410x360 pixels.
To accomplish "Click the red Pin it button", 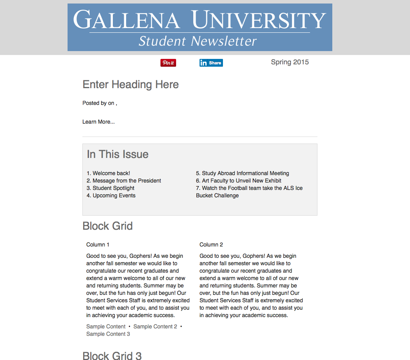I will point(168,63).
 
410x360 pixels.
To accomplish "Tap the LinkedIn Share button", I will point(211,63).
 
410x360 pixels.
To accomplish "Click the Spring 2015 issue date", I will point(290,62).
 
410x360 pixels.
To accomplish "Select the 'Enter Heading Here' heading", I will point(130,85).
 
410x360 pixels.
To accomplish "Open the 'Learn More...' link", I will point(98,122).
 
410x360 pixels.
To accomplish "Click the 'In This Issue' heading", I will point(118,154).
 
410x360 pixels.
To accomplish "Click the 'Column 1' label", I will point(98,245).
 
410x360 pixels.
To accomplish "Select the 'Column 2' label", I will point(211,245).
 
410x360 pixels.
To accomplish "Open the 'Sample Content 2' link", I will point(155,326).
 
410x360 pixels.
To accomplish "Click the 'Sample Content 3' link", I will point(108,334).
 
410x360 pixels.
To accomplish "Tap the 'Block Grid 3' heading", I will point(112,355).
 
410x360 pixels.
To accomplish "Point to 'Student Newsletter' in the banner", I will point(198,41).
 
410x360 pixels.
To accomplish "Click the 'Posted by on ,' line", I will point(100,103).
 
